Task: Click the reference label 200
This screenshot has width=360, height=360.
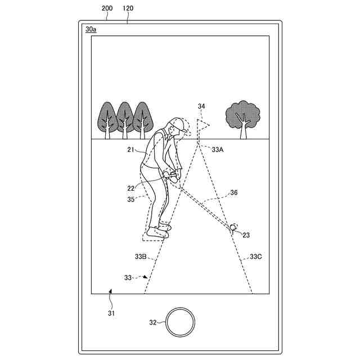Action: (x=107, y=10)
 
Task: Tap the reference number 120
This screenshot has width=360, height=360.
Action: (x=128, y=10)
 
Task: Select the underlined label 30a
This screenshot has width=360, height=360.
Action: (x=90, y=29)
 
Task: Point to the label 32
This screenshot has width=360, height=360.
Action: (x=152, y=322)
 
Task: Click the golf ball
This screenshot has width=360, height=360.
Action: (x=233, y=227)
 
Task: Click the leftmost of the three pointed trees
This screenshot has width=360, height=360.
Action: (x=107, y=117)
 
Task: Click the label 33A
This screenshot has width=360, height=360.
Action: (x=218, y=149)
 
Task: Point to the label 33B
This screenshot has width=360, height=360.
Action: (x=141, y=256)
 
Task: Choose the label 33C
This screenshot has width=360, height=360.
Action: (x=255, y=256)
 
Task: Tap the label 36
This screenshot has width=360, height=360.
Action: (x=233, y=192)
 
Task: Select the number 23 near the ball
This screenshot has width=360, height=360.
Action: (x=246, y=235)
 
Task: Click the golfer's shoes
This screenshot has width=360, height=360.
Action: (x=157, y=230)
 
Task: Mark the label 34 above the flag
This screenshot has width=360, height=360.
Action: (x=201, y=106)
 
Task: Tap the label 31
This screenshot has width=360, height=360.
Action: (x=110, y=313)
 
